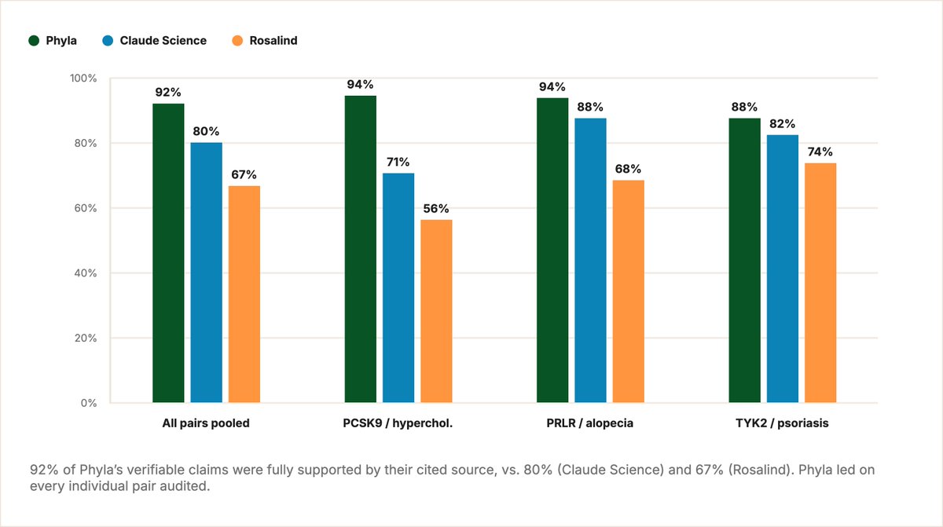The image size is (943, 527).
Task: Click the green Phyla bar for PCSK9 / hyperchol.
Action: click(361, 249)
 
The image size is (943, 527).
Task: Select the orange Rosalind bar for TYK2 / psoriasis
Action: click(820, 283)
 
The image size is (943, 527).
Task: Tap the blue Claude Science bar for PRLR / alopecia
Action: click(591, 260)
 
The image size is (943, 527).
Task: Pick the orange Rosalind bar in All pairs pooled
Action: click(244, 294)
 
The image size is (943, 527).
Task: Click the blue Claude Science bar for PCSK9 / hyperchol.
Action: click(398, 287)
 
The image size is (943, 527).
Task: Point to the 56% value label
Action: click(436, 209)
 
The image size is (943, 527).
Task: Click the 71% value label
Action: click(398, 162)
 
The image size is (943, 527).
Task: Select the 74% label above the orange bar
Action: click(820, 152)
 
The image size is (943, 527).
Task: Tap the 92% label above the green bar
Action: click(168, 92)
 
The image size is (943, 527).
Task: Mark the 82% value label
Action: click(782, 123)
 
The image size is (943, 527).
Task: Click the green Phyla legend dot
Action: click(34, 40)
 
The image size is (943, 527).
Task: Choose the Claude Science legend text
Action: click(163, 40)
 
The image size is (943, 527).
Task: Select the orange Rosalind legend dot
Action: click(237, 40)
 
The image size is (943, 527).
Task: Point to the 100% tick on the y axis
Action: click(83, 79)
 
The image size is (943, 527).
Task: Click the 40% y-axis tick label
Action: click(86, 273)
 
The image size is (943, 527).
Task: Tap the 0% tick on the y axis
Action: click(89, 403)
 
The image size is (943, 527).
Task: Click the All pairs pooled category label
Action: click(206, 423)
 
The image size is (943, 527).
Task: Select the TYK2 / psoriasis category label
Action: click(782, 423)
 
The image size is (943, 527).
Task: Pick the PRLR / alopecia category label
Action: click(590, 423)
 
